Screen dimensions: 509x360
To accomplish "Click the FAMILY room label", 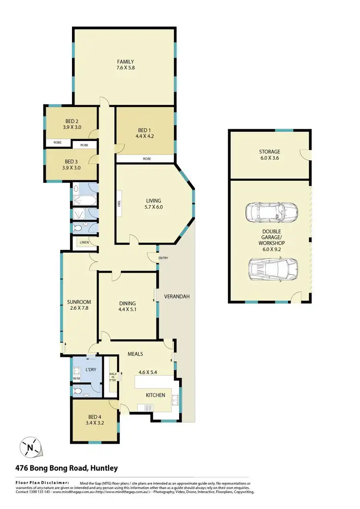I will point(125,61).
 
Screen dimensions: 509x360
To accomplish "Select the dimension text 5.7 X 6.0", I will point(154,208).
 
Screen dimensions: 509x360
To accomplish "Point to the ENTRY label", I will point(164,259).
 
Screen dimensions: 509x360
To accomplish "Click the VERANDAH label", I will point(177,296).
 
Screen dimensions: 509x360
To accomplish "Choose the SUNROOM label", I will point(76,302).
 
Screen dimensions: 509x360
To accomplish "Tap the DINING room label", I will point(128,303).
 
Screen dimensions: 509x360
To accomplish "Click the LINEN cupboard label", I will point(84,242).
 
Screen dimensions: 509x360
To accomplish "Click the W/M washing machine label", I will point(77,379).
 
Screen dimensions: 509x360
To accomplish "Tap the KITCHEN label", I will point(156,395).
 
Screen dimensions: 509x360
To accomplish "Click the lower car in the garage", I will point(273,269).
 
